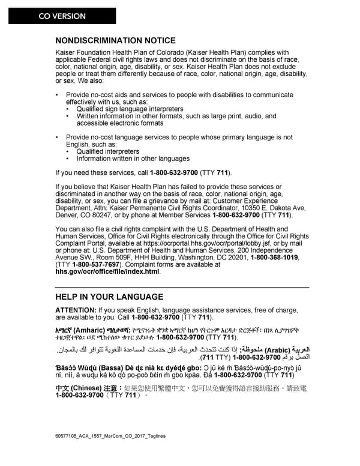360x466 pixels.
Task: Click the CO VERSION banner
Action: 62,16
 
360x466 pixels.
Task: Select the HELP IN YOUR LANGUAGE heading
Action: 109,297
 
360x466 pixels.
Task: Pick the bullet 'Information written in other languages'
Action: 133,159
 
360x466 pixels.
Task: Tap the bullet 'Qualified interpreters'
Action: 108,151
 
